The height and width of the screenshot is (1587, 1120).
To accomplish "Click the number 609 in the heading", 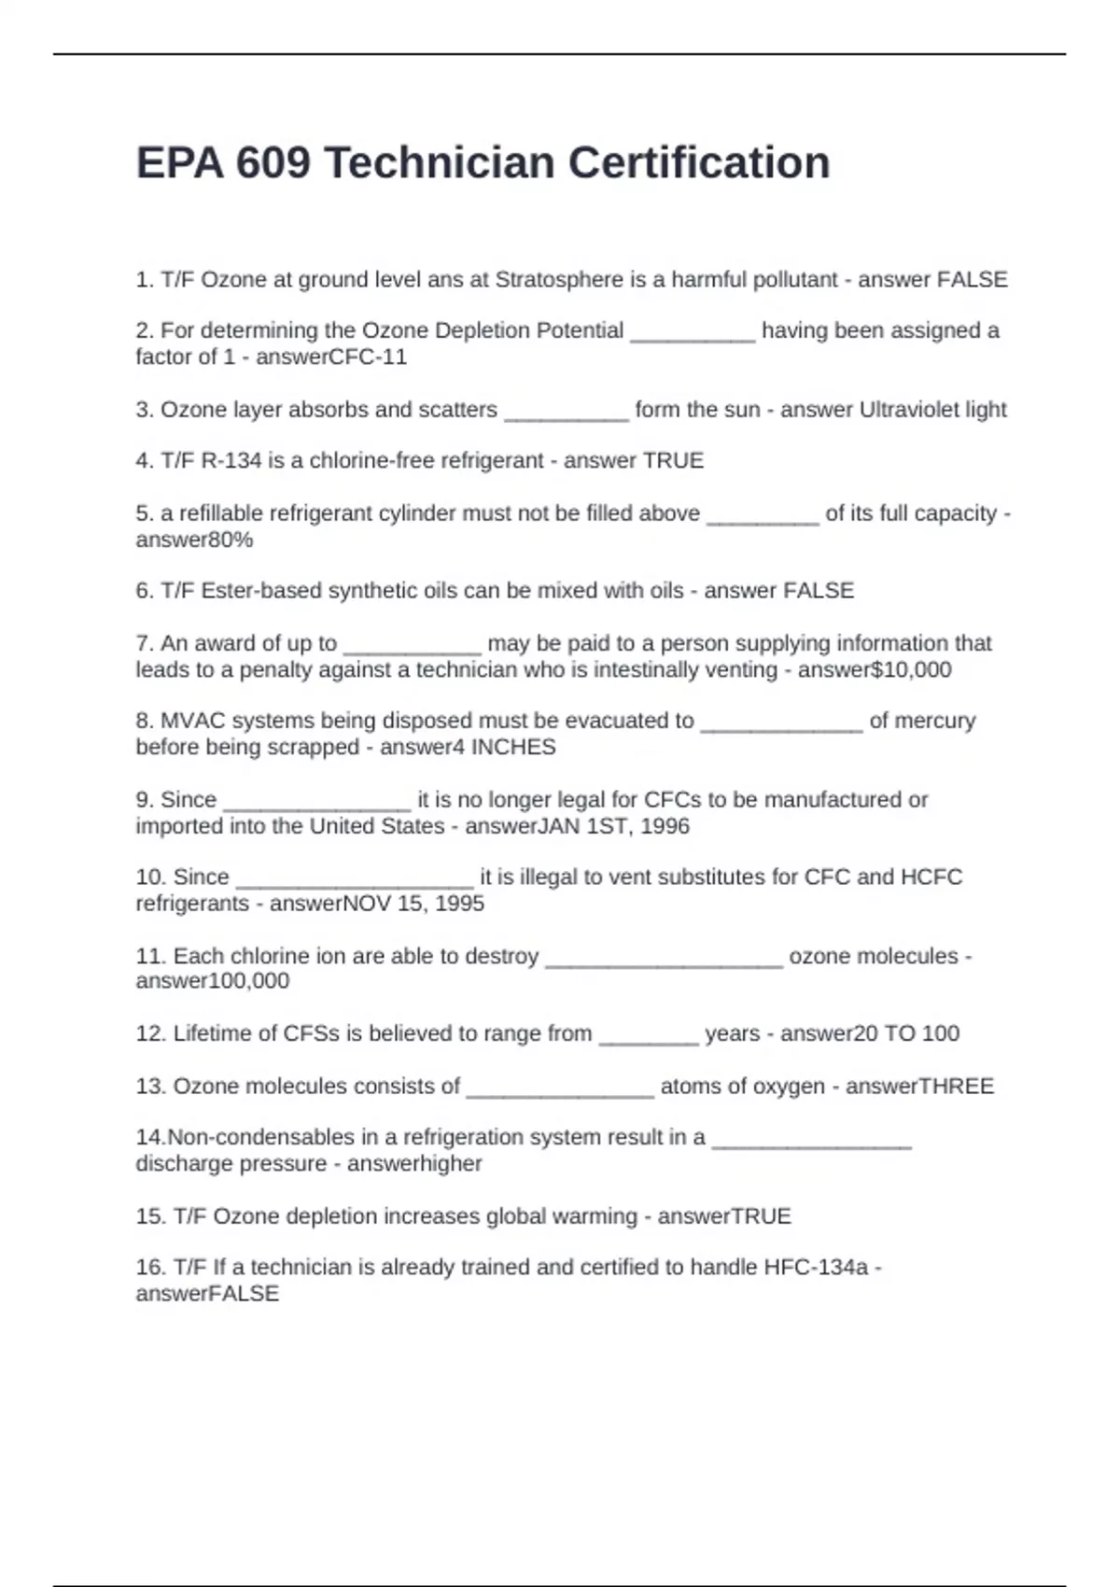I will [273, 163].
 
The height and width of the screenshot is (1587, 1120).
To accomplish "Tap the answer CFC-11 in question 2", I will [369, 358].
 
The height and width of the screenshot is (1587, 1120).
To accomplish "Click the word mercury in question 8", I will [922, 721].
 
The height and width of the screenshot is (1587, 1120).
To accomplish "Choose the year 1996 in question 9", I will [665, 826].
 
